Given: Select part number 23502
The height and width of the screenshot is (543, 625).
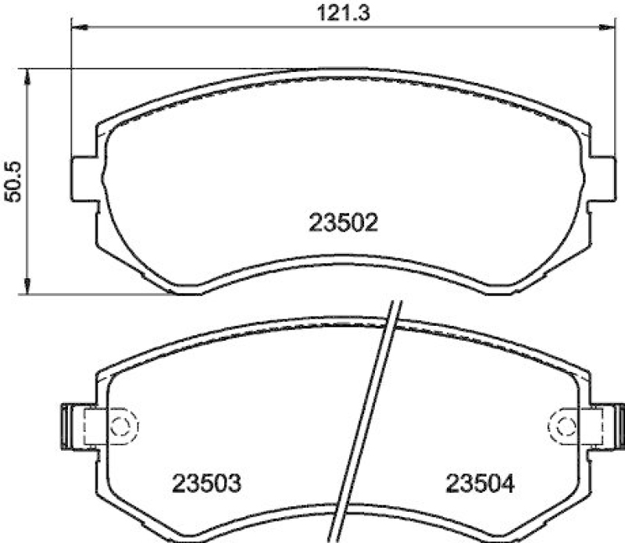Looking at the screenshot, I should (344, 224).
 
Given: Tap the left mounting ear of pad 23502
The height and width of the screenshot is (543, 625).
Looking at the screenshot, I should (83, 178).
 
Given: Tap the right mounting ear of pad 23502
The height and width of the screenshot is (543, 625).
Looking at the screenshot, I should (604, 178).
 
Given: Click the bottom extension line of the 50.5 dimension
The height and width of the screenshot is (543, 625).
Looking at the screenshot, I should (94, 295).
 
